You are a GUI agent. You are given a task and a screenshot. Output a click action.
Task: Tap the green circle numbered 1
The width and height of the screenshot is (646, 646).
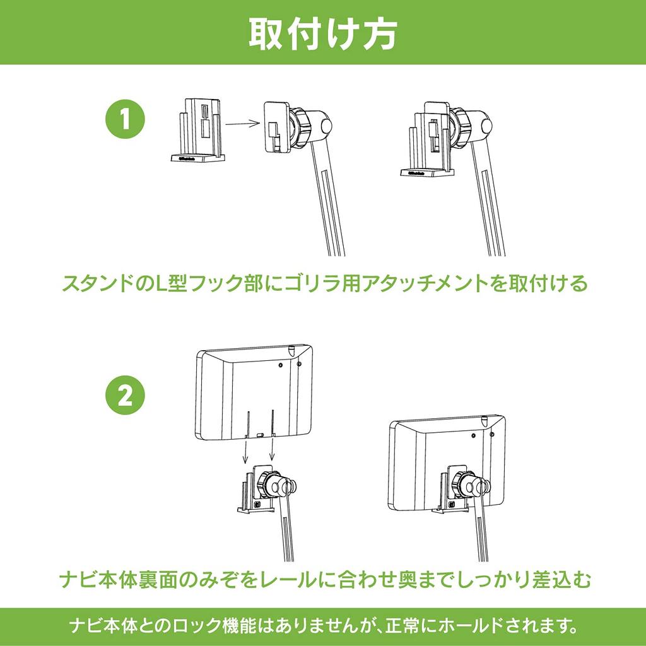pos(126,119)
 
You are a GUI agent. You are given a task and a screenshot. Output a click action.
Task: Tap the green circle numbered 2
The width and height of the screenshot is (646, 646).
pos(126,396)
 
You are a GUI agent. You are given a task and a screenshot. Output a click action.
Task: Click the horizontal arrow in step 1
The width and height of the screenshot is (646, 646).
pos(242,123)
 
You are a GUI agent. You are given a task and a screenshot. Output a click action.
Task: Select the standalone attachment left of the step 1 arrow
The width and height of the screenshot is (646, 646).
pos(199,129)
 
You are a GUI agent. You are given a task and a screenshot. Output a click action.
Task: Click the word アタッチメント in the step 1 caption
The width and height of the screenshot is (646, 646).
pos(426,283)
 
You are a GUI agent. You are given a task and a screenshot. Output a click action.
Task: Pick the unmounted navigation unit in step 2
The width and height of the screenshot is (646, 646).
pos(254,392)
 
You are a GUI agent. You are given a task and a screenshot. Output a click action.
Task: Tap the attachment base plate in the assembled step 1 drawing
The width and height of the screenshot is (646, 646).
pos(427,173)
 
